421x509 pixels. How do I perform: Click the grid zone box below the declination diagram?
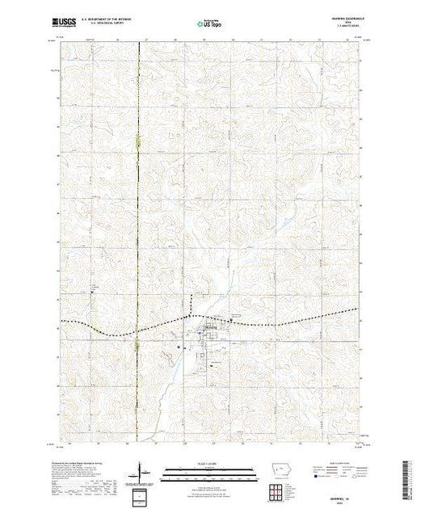tap(142, 494)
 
